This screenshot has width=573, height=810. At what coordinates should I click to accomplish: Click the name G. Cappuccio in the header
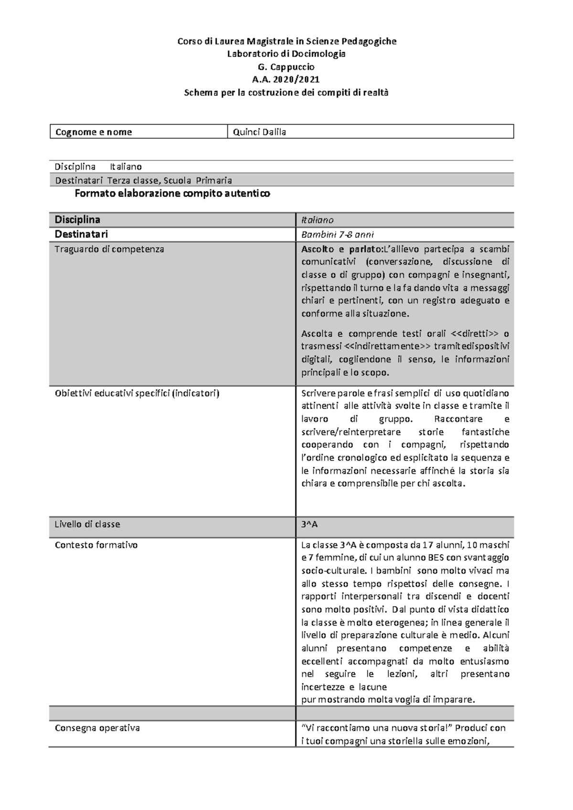(x=286, y=67)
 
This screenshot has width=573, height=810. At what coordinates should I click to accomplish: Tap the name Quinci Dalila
(x=259, y=132)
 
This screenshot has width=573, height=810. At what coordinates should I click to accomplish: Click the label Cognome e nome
(x=94, y=132)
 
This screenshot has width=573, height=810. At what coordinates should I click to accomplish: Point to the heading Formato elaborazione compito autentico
(x=172, y=193)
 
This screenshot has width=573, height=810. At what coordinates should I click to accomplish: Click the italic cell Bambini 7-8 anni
(x=337, y=234)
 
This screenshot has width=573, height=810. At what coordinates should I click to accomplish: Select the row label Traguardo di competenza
(x=109, y=249)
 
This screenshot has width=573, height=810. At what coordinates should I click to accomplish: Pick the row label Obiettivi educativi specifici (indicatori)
(x=137, y=394)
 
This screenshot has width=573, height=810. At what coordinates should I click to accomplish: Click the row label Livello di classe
(x=87, y=524)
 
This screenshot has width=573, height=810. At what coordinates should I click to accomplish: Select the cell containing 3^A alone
(x=309, y=524)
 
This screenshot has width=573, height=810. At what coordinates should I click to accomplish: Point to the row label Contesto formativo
(x=96, y=545)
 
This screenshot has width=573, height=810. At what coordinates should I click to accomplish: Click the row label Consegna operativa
(x=97, y=728)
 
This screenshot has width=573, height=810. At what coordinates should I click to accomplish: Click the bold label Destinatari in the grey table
(x=81, y=234)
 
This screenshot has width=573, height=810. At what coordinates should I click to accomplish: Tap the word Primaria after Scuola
(x=214, y=181)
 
